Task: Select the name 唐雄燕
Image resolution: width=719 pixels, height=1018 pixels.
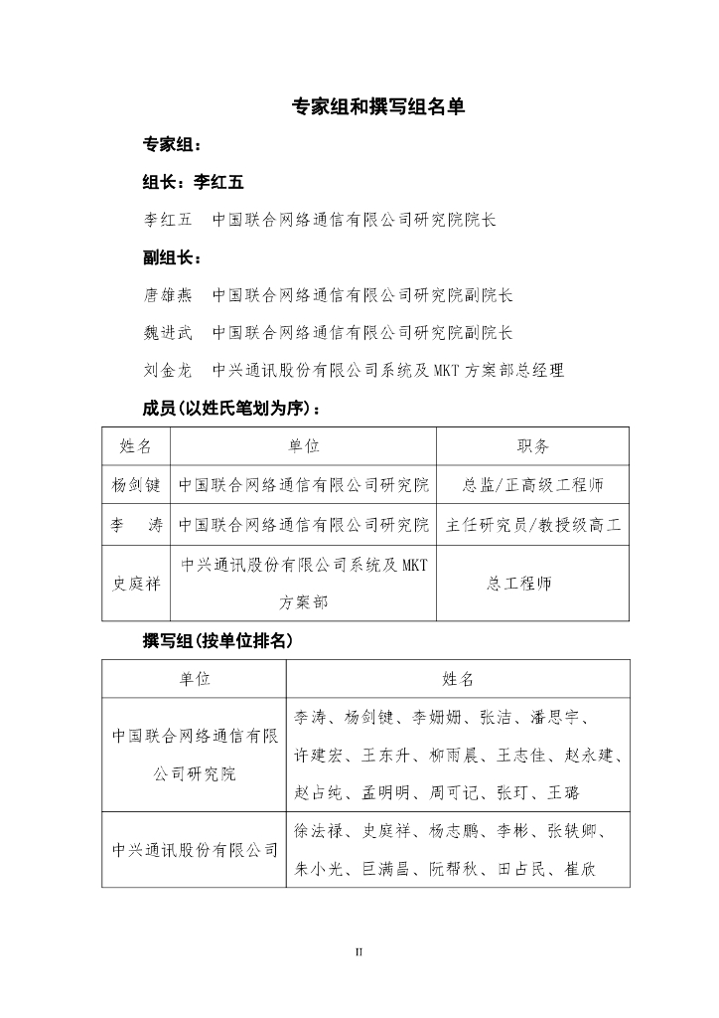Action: coord(168,295)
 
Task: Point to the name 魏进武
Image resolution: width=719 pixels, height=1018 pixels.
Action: coord(168,333)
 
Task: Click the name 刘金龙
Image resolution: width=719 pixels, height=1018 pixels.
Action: coord(168,371)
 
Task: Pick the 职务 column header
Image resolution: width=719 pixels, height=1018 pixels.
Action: coord(532,447)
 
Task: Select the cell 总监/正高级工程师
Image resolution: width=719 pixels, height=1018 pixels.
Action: coord(532,485)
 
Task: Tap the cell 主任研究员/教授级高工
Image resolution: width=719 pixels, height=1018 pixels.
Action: coord(532,524)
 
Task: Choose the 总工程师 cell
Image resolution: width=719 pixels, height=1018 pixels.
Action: coord(532,583)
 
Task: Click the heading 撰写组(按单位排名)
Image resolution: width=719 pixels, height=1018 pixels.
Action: coord(218,641)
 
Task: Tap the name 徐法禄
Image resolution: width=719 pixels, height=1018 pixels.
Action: coord(320,831)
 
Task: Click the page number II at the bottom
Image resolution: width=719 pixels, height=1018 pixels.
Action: coord(359,951)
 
